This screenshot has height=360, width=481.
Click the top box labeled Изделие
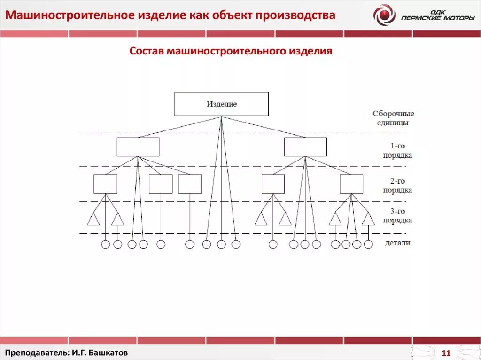pyautogui.click(x=222, y=104)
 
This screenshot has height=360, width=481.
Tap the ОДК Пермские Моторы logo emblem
pyautogui.click(x=384, y=15)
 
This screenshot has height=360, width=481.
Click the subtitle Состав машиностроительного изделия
pyautogui.click(x=231, y=51)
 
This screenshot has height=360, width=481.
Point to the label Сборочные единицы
pyautogui.click(x=393, y=118)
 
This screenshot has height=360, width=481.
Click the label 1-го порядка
pyautogui.click(x=397, y=151)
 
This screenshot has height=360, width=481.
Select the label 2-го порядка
pyautogui.click(x=397, y=186)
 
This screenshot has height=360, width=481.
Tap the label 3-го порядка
pyautogui.click(x=397, y=215)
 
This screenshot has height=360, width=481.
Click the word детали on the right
pyautogui.click(x=397, y=243)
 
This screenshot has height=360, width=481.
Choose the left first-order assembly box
pyautogui.click(x=138, y=147)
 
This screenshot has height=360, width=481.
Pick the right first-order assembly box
pyautogui.click(x=305, y=147)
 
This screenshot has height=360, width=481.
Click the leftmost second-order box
pyautogui.click(x=105, y=184)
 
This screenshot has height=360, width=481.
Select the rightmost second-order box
pyautogui.click(x=351, y=184)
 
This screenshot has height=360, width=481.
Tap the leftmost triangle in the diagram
pyautogui.click(x=93, y=219)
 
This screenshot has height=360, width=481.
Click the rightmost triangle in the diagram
pyautogui.click(x=368, y=219)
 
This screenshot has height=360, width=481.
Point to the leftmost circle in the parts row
pyautogui.click(x=105, y=245)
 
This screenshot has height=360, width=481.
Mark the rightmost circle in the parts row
pyautogui.click(x=368, y=245)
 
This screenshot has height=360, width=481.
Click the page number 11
pyautogui.click(x=446, y=353)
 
